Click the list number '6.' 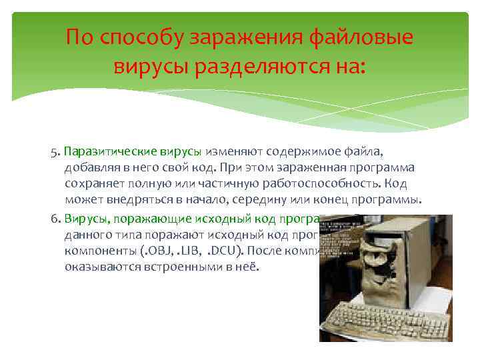click(x=55, y=218)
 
